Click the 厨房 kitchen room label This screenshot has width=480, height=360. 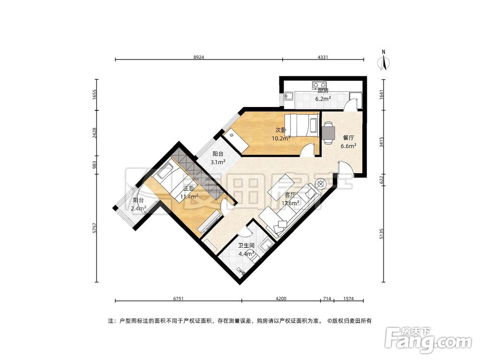[x=323, y=90]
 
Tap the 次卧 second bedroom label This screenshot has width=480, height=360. [x=281, y=130]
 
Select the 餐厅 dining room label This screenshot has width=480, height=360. [x=348, y=138]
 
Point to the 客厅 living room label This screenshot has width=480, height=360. [x=290, y=195]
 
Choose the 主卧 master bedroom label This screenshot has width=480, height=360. [x=189, y=189]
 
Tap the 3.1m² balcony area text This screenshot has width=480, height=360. [x=218, y=162]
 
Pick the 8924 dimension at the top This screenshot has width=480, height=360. [x=199, y=57]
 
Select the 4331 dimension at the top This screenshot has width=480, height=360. [x=323, y=57]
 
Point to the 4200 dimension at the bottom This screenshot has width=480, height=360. [x=281, y=299]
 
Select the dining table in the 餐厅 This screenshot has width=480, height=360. [x=328, y=133]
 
